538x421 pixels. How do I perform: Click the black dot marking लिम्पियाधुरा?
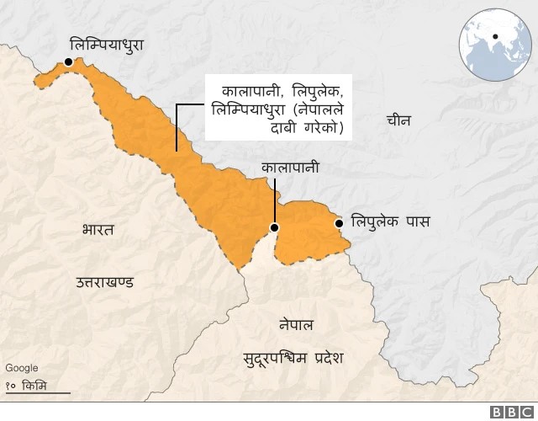pos(67,61)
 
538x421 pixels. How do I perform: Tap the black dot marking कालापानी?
pos(273,227)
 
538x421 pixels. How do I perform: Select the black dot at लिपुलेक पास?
pos(338,223)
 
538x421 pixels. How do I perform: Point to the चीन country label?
pos(398,120)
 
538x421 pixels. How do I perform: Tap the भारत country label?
pos(98,229)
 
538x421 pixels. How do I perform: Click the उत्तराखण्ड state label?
pos(104,281)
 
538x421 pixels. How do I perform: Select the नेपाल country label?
pos(296,324)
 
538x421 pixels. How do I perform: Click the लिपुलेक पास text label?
pos(390,223)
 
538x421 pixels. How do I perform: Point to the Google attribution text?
pos(21,368)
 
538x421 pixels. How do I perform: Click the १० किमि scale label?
pos(27,385)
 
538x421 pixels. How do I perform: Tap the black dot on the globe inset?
pos(496,36)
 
